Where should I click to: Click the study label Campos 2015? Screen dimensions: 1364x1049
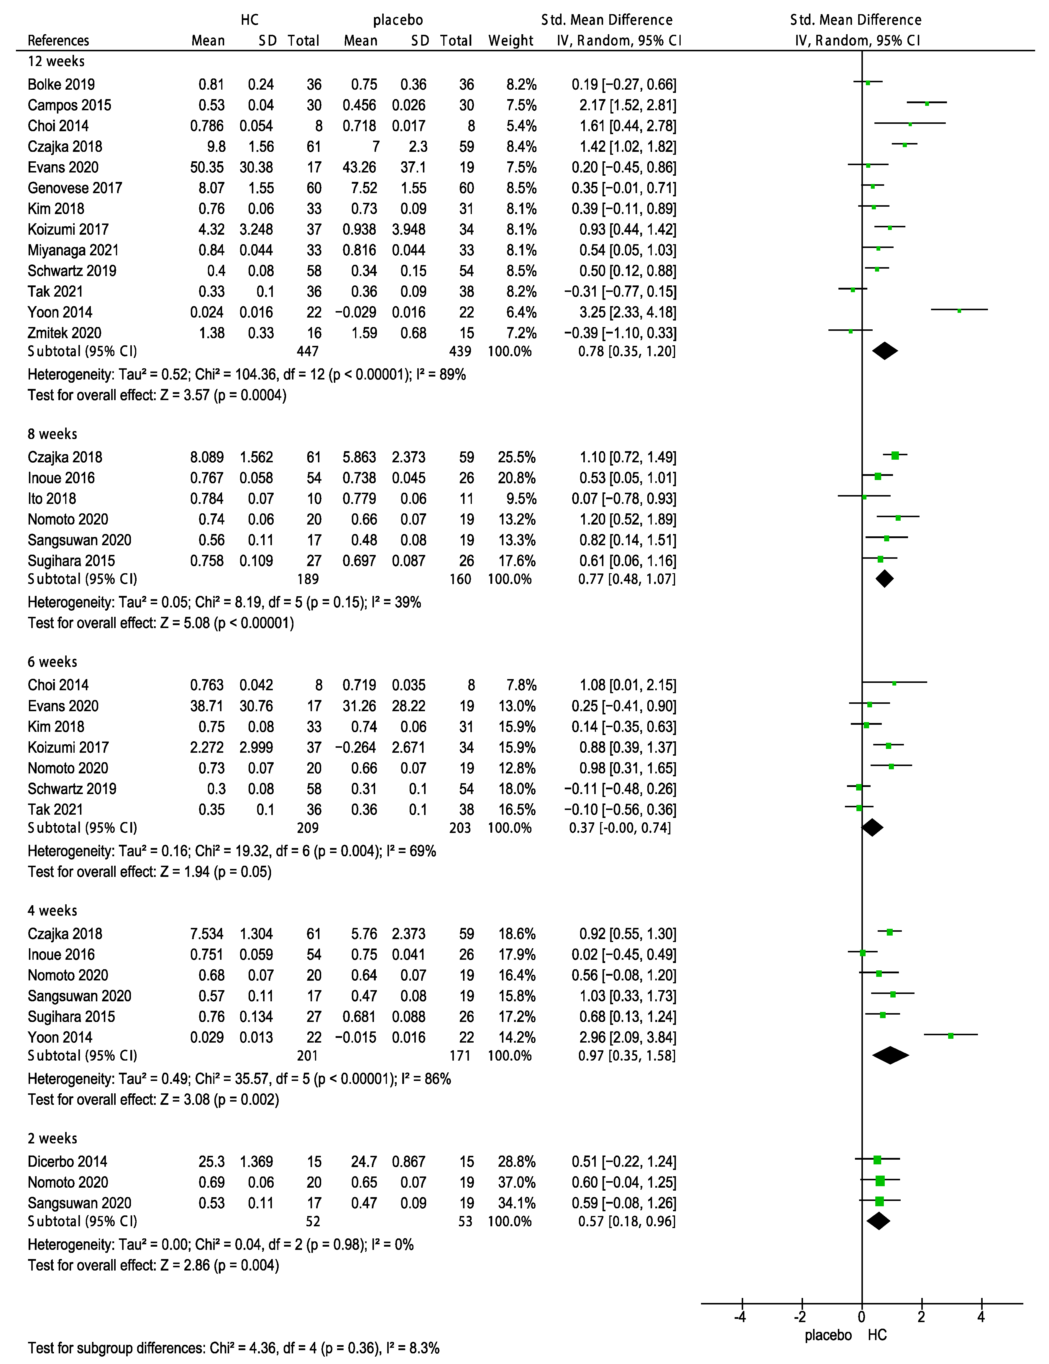[x=69, y=105]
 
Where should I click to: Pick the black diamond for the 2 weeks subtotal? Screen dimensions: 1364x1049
[x=878, y=1221]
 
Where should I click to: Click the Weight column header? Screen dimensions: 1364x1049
[x=511, y=41]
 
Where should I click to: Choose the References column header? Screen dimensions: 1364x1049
[x=58, y=41]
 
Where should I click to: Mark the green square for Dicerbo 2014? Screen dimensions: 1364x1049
[x=877, y=1160]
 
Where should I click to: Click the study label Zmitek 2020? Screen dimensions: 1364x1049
[x=64, y=333]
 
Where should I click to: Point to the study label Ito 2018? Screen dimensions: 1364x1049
[x=52, y=499]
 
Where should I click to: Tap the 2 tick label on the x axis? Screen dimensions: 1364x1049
[x=921, y=1317]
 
